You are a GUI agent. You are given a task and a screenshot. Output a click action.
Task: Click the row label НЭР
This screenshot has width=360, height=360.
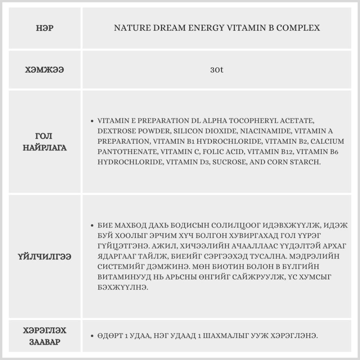click(x=45, y=28)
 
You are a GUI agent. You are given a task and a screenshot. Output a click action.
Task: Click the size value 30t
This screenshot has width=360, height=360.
click(x=217, y=70)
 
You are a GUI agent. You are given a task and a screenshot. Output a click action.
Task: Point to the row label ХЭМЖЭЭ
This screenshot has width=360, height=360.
click(x=45, y=70)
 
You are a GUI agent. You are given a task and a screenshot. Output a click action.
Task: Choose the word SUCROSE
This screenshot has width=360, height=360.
click(x=229, y=162)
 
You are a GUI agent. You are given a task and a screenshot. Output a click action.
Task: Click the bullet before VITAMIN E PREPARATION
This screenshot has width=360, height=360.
click(x=93, y=121)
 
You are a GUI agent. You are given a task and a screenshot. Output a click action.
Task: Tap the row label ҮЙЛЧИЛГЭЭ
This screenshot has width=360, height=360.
click(x=45, y=257)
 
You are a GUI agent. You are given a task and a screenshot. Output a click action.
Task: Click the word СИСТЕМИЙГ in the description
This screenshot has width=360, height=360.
click(x=117, y=267)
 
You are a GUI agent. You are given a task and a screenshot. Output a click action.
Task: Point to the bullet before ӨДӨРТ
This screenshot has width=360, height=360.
click(x=93, y=336)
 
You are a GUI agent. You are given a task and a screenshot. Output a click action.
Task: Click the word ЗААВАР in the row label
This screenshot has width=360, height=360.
click(x=45, y=342)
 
